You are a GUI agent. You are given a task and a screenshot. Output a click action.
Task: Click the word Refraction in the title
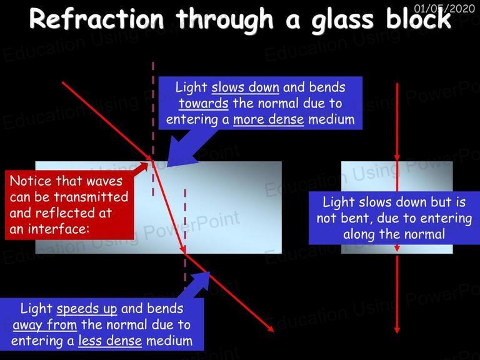pos(97,19)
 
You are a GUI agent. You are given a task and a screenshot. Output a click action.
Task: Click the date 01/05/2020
pos(444,8)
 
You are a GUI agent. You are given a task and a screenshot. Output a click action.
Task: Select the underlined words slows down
pos(245,87)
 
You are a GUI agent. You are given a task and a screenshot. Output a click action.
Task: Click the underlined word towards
pos(204,104)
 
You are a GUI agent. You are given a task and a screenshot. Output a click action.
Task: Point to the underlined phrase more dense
pos(269,119)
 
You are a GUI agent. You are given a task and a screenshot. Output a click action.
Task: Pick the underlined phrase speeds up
pos(87,309)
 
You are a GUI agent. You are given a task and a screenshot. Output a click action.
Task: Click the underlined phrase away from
pos(45,325)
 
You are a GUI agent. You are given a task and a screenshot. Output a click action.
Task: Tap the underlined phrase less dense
pos(110,341)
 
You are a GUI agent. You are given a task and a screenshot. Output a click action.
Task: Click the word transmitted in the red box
pos(91,197)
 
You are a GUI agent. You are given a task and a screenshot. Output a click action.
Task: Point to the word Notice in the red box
pos(31,181)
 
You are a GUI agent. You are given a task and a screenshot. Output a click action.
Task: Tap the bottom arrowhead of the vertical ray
pos(397,330)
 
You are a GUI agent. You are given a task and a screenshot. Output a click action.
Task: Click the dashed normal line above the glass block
pos(153,110)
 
